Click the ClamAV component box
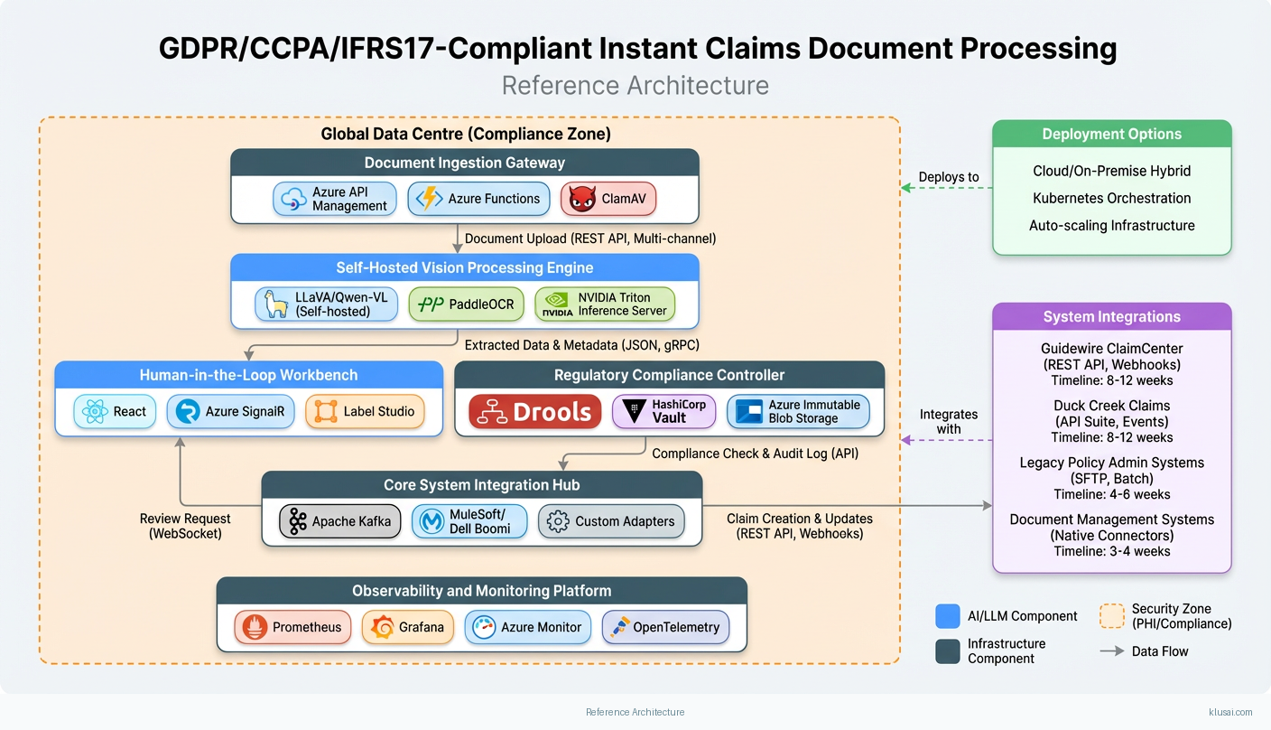[608, 199]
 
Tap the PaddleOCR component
[466, 304]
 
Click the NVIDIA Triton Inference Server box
[605, 304]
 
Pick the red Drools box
[535, 412]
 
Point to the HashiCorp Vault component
[663, 412]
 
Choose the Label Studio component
[366, 412]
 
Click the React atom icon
[94, 412]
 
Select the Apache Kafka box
[339, 521]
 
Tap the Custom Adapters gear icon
[558, 521]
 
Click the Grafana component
[408, 627]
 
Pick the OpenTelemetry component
[665, 627]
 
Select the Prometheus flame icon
[255, 627]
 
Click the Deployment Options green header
[1111, 134]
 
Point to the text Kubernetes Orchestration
[1111, 198]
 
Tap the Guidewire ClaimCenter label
[1111, 349]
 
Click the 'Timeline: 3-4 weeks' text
[1111, 551]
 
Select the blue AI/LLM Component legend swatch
[948, 616]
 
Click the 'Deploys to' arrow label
[949, 177]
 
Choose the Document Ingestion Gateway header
[464, 163]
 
